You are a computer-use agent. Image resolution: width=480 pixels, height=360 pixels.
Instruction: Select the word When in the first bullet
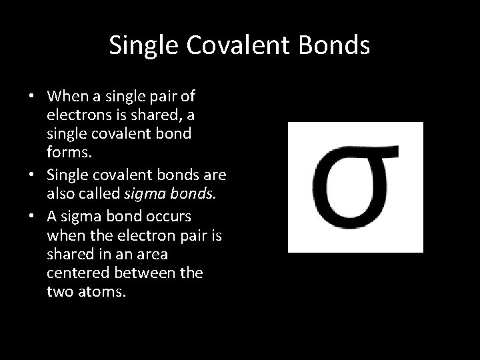click(67, 97)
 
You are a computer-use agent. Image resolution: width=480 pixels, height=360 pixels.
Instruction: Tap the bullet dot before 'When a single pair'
click(32, 97)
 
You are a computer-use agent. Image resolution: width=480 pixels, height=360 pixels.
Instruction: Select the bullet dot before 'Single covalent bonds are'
click(32, 175)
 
